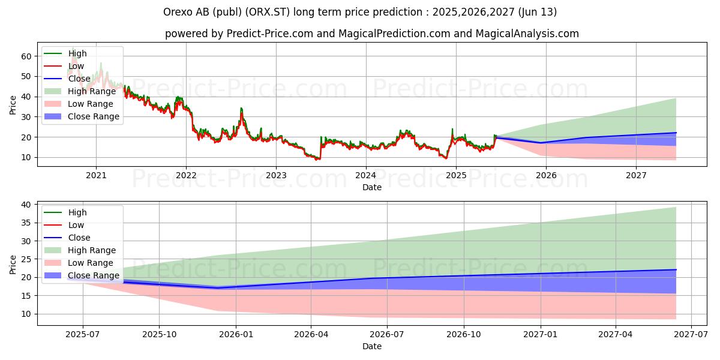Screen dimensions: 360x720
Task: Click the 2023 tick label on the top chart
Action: tap(276, 175)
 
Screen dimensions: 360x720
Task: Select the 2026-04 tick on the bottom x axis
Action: tap(311, 335)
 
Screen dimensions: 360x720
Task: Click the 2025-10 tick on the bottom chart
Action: tap(159, 335)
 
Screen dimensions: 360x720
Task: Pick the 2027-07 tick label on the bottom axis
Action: tap(691, 335)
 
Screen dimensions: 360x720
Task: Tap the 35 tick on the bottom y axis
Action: tap(27, 223)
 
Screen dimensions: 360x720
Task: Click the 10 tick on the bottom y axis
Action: tap(27, 314)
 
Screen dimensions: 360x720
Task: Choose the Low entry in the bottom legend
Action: tap(76, 225)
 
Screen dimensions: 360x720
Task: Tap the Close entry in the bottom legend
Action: tap(79, 238)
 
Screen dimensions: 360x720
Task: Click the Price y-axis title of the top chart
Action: tap(13, 104)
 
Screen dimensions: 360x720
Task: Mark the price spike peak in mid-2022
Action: tap(241, 108)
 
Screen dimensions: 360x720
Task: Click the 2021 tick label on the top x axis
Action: tap(96, 175)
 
